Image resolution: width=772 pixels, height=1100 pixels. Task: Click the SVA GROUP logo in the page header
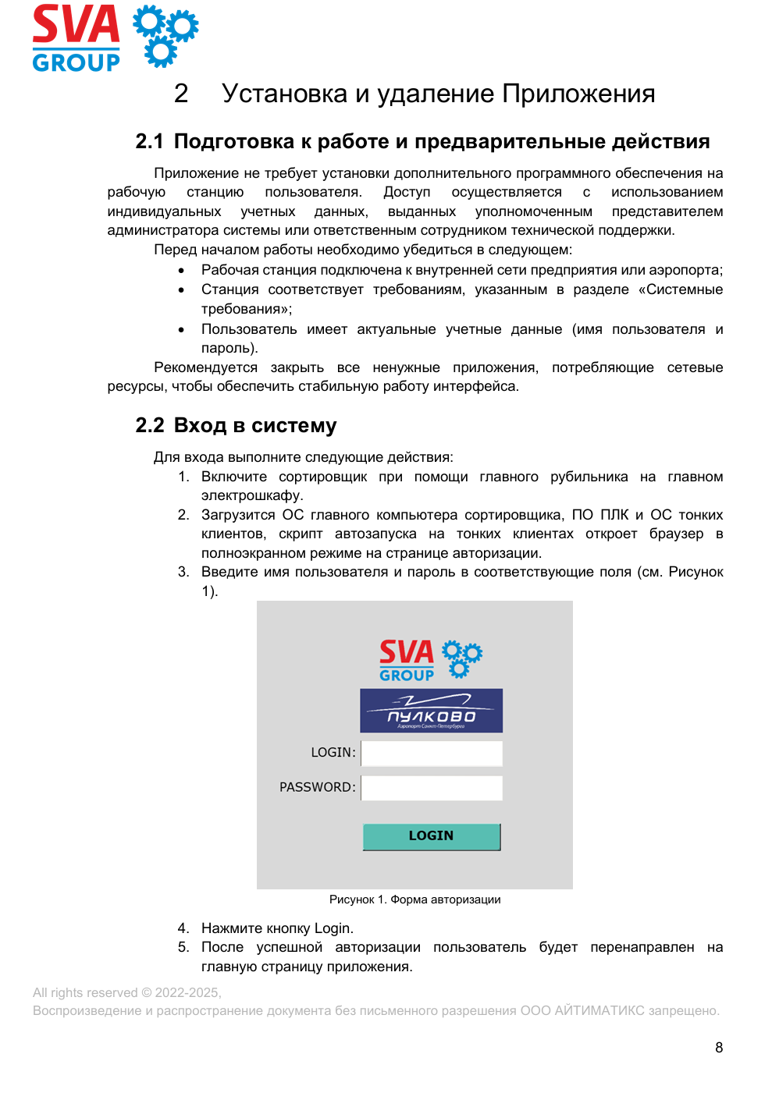(115, 37)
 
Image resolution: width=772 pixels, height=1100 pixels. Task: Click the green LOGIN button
(431, 836)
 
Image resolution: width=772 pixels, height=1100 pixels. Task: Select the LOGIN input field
(432, 753)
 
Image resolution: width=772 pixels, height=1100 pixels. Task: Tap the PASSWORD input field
(432, 788)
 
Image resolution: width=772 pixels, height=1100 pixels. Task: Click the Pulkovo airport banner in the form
(431, 710)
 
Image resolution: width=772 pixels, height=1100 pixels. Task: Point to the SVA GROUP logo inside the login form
(430, 660)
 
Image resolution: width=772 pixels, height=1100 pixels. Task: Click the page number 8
(719, 1048)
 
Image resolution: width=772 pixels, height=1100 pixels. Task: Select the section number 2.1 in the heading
(149, 141)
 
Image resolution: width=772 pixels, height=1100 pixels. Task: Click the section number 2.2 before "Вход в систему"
(149, 425)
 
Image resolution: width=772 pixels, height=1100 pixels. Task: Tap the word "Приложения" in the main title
(578, 94)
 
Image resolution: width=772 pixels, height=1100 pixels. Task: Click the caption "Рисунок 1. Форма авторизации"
(414, 900)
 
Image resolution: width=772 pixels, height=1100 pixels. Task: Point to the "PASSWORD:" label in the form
(317, 787)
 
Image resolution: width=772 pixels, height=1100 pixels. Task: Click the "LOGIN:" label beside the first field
(333, 752)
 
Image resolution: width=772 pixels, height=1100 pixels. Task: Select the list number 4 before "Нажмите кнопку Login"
(183, 928)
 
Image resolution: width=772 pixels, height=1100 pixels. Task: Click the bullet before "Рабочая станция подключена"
(182, 271)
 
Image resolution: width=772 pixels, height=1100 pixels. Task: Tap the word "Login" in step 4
(333, 928)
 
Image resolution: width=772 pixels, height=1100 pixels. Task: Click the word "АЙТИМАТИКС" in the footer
(599, 1010)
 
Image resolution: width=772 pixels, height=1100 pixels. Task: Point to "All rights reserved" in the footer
(85, 992)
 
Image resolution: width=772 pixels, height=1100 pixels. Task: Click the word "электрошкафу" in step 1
(252, 495)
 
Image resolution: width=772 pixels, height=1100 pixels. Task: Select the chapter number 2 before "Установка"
(181, 94)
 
